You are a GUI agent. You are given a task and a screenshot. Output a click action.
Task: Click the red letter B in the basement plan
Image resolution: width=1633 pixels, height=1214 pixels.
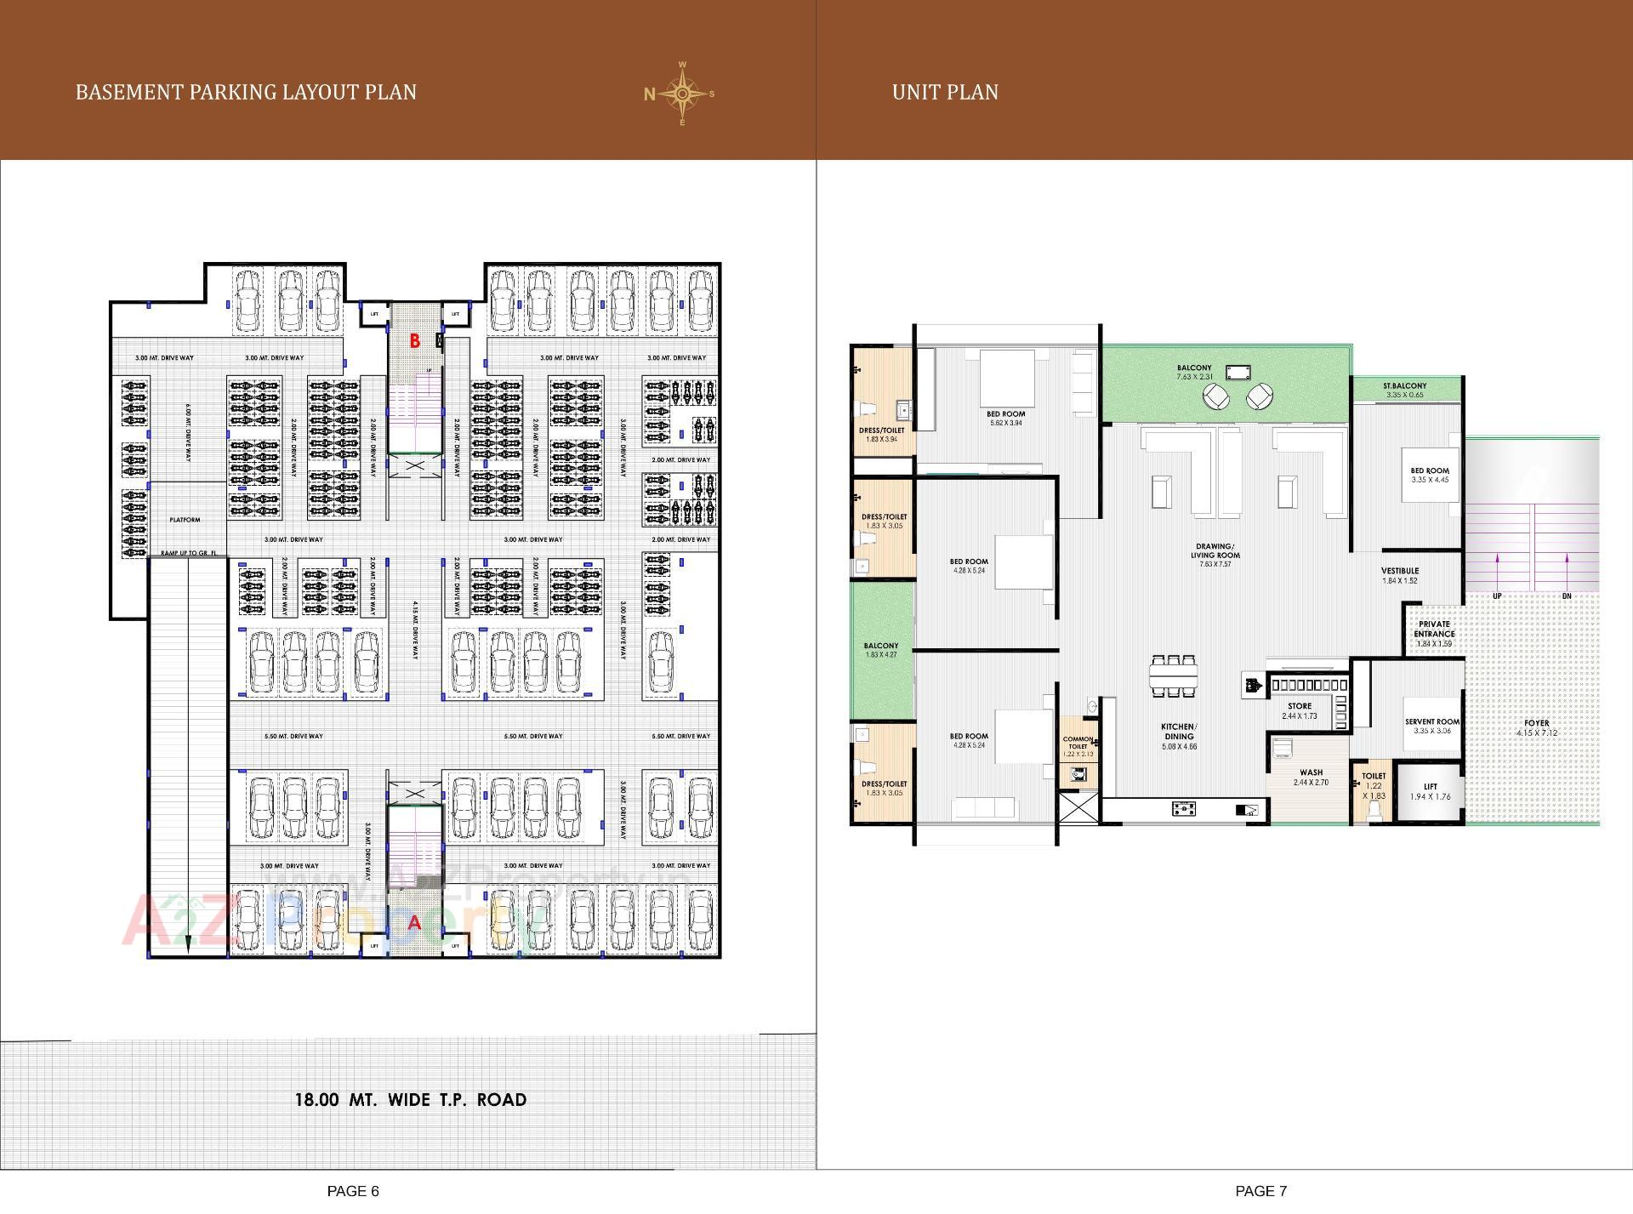[415, 341]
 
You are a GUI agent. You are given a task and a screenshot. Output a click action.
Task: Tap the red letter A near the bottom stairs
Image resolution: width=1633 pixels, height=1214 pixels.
[415, 922]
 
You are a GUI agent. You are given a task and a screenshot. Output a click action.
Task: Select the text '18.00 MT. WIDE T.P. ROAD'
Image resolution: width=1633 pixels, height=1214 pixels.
[410, 1099]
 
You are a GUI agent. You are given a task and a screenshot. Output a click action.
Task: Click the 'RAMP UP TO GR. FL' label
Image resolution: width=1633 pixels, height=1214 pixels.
[189, 554]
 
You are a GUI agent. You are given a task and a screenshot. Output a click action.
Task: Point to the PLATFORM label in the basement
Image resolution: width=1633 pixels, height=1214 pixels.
[185, 520]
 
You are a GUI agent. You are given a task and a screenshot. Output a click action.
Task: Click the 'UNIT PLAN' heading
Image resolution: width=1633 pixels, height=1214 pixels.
[945, 92]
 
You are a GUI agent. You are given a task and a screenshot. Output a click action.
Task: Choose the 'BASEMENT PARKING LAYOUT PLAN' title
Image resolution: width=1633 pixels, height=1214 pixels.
[246, 92]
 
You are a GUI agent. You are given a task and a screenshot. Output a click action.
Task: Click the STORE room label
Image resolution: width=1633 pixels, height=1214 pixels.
[1299, 707]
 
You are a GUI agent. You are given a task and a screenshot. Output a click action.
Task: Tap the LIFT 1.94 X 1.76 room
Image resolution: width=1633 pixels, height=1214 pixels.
[1430, 792]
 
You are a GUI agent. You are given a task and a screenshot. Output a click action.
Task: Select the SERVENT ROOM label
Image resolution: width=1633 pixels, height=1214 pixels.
[1432, 722]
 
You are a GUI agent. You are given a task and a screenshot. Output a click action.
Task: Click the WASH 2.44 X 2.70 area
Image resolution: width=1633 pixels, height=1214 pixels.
[1311, 778]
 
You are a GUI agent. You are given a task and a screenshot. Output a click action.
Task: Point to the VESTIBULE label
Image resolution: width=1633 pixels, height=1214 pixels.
[1400, 572]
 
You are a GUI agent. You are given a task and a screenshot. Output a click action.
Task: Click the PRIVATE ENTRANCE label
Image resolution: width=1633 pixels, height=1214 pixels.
[1434, 630]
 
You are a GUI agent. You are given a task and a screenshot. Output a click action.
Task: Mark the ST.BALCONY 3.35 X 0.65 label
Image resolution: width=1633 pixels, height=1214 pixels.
[1405, 386]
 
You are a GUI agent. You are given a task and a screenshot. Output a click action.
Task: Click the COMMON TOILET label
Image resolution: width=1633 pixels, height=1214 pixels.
[1078, 744]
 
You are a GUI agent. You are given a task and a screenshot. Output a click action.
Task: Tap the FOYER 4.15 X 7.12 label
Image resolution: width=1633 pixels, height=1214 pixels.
[1536, 724]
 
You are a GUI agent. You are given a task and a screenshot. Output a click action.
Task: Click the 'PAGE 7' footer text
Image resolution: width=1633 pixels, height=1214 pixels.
[1260, 1191]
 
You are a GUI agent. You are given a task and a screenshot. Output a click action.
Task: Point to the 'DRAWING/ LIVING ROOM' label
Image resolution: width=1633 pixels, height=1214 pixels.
[1215, 551]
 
